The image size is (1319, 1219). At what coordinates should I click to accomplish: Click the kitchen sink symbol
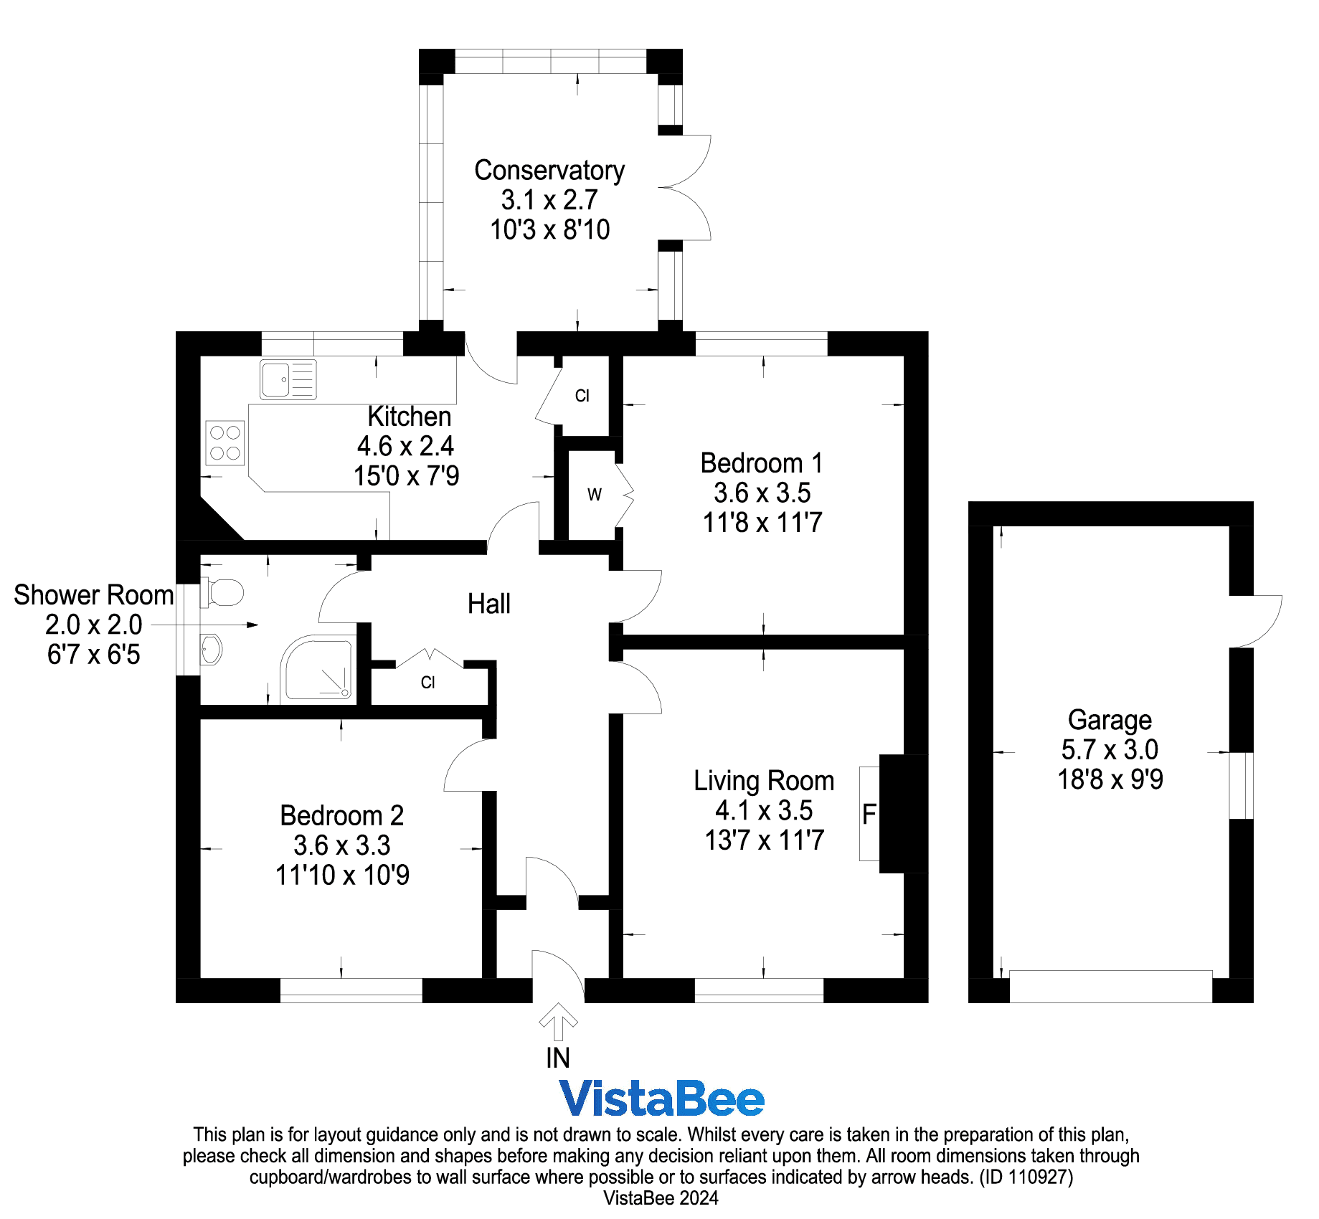click(288, 379)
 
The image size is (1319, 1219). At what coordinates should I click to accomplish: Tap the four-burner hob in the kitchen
click(225, 443)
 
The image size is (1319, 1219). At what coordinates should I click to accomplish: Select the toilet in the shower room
click(223, 592)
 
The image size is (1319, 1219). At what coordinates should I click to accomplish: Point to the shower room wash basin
click(211, 650)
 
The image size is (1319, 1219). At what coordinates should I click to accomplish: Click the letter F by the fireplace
click(869, 814)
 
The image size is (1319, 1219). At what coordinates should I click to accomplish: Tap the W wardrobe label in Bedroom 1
click(594, 495)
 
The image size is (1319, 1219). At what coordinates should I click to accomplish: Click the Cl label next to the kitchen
click(582, 396)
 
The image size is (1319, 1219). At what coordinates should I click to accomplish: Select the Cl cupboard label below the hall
click(427, 683)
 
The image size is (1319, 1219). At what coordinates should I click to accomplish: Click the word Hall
click(488, 604)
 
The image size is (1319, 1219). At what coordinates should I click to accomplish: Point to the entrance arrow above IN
click(558, 1021)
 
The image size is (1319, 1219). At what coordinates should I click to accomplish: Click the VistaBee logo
click(661, 1099)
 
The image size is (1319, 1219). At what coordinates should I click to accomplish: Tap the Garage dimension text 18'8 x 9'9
click(1110, 779)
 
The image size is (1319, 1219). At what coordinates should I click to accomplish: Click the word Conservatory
click(549, 171)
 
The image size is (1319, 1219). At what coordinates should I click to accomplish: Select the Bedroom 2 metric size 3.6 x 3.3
click(342, 845)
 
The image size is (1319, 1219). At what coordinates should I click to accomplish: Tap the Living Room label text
click(763, 780)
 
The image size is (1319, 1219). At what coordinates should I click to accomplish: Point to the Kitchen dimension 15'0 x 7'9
click(406, 476)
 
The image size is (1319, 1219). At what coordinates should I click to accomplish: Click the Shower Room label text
click(93, 595)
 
